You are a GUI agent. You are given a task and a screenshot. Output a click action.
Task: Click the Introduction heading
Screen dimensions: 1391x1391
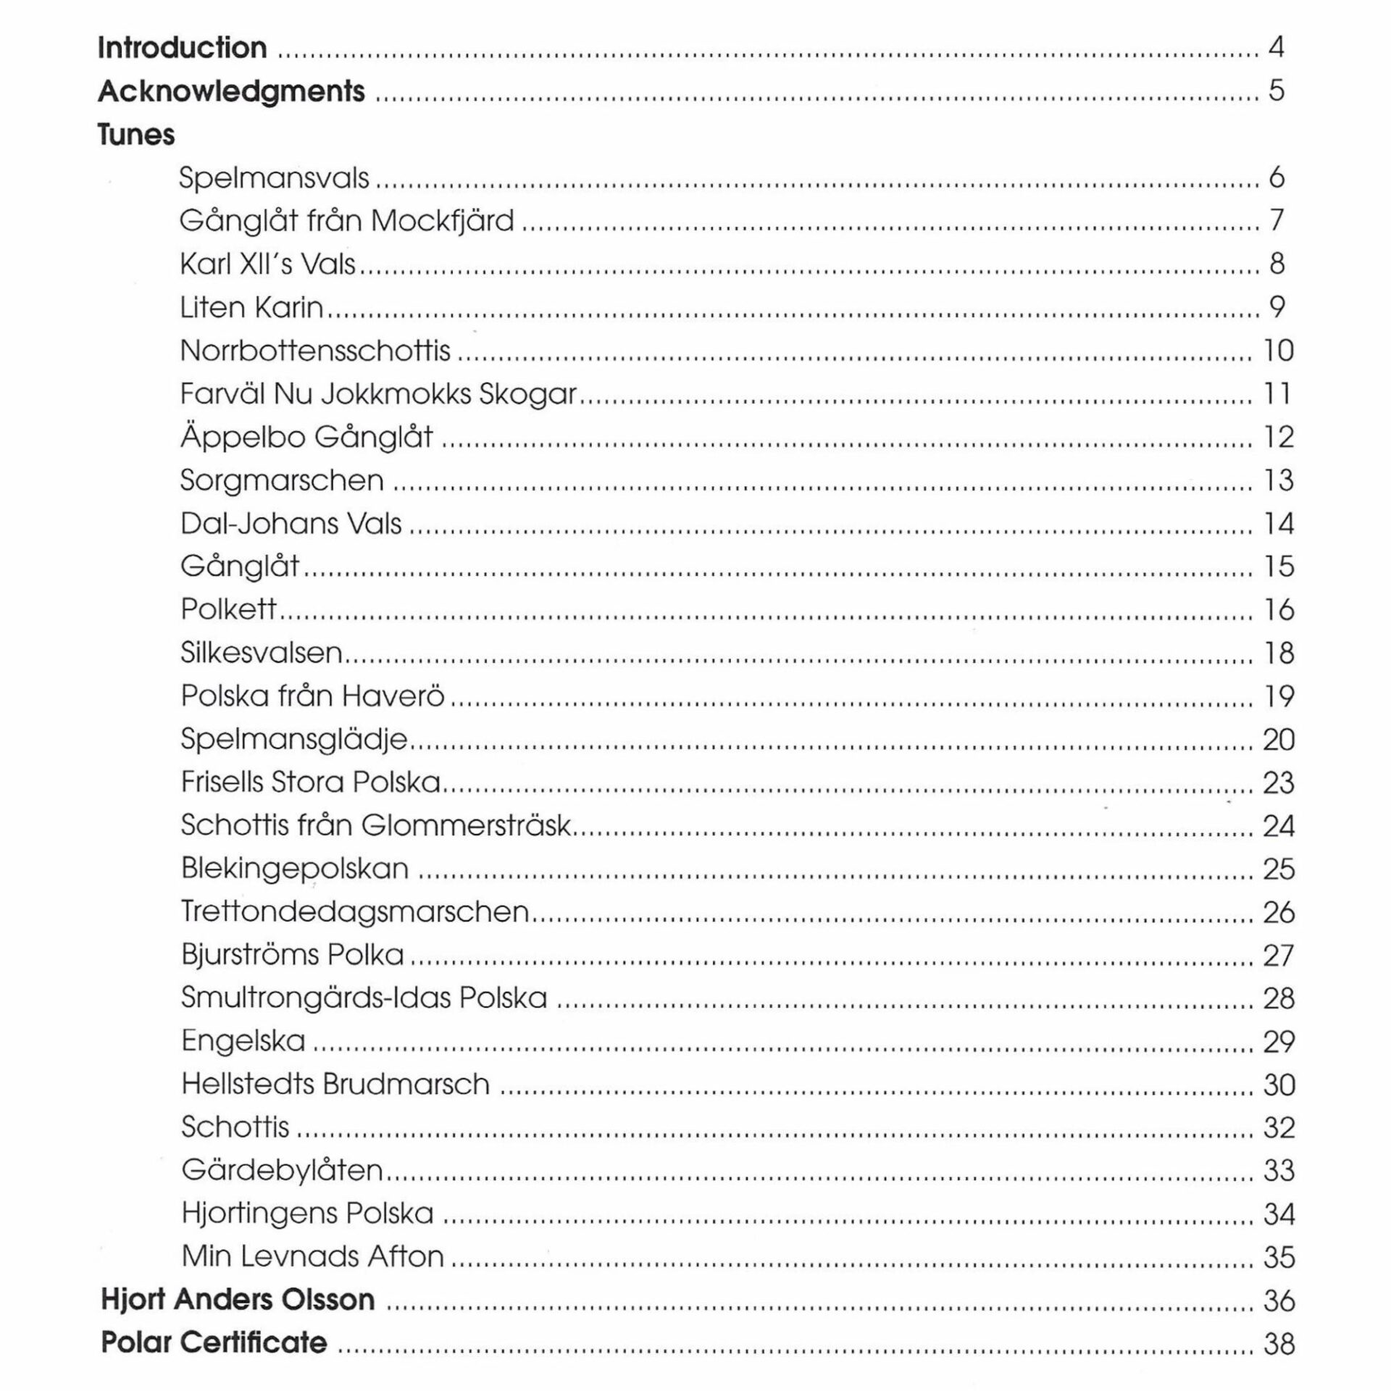(x=182, y=48)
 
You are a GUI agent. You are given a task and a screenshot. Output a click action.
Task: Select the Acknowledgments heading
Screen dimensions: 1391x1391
(x=231, y=91)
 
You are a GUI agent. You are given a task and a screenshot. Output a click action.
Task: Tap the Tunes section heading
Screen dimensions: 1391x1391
(x=136, y=135)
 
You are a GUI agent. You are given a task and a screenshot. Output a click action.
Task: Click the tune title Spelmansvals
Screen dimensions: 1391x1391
(x=274, y=178)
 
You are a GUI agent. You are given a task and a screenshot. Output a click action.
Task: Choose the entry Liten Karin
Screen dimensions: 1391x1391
(x=251, y=308)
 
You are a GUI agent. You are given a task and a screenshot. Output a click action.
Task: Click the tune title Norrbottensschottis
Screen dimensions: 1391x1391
(x=315, y=351)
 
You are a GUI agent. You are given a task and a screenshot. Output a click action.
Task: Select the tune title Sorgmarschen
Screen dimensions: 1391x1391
(x=282, y=480)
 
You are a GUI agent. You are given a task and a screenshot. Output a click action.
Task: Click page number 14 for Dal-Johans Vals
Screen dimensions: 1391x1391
(x=1279, y=524)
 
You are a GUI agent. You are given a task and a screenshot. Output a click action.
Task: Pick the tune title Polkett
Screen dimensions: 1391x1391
(x=228, y=609)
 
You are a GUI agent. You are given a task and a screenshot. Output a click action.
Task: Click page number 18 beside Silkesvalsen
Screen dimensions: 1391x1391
(x=1279, y=653)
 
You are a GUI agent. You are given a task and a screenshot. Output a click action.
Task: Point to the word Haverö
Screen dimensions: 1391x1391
(x=393, y=696)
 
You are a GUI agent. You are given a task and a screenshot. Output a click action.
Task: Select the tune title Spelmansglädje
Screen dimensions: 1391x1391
(x=294, y=740)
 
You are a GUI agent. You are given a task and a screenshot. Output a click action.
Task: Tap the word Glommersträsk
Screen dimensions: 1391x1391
(x=466, y=825)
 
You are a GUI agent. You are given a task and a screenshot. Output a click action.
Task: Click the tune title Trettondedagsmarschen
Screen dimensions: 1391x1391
(x=355, y=911)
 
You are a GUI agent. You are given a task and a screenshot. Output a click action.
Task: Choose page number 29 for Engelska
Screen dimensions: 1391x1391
(x=1279, y=1042)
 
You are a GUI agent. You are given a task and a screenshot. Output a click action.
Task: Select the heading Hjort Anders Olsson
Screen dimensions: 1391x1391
(x=238, y=1300)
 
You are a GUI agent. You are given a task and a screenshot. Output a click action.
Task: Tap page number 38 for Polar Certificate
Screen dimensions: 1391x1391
(x=1279, y=1343)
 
